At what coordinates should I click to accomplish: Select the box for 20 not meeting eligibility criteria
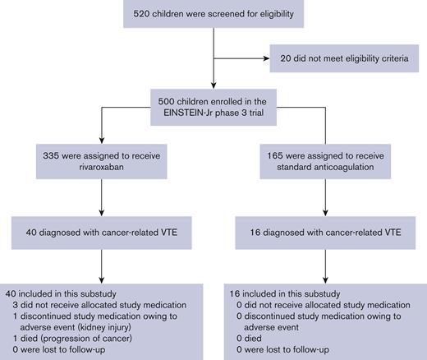344,58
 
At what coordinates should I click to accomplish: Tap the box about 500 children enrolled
213,105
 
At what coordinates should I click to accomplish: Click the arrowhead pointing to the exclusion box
263,58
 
